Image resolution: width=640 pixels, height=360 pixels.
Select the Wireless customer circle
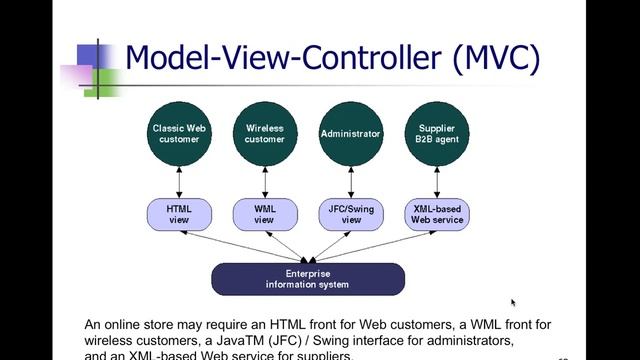point(264,133)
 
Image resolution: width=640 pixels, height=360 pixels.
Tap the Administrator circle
point(350,133)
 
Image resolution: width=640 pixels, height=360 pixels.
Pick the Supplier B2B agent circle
point(437,133)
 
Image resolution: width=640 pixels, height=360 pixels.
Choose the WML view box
point(264,213)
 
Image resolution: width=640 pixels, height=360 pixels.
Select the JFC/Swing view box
point(350,213)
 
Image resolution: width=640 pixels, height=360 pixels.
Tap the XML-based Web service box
point(437,213)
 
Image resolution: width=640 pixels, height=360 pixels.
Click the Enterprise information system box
point(307,279)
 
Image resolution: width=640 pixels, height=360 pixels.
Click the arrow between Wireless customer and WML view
point(264,183)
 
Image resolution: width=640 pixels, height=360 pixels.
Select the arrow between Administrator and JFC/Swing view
point(350,183)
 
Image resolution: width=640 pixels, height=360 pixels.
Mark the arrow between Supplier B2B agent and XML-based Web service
point(437,183)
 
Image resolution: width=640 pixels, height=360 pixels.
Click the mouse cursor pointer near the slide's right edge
point(514,302)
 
